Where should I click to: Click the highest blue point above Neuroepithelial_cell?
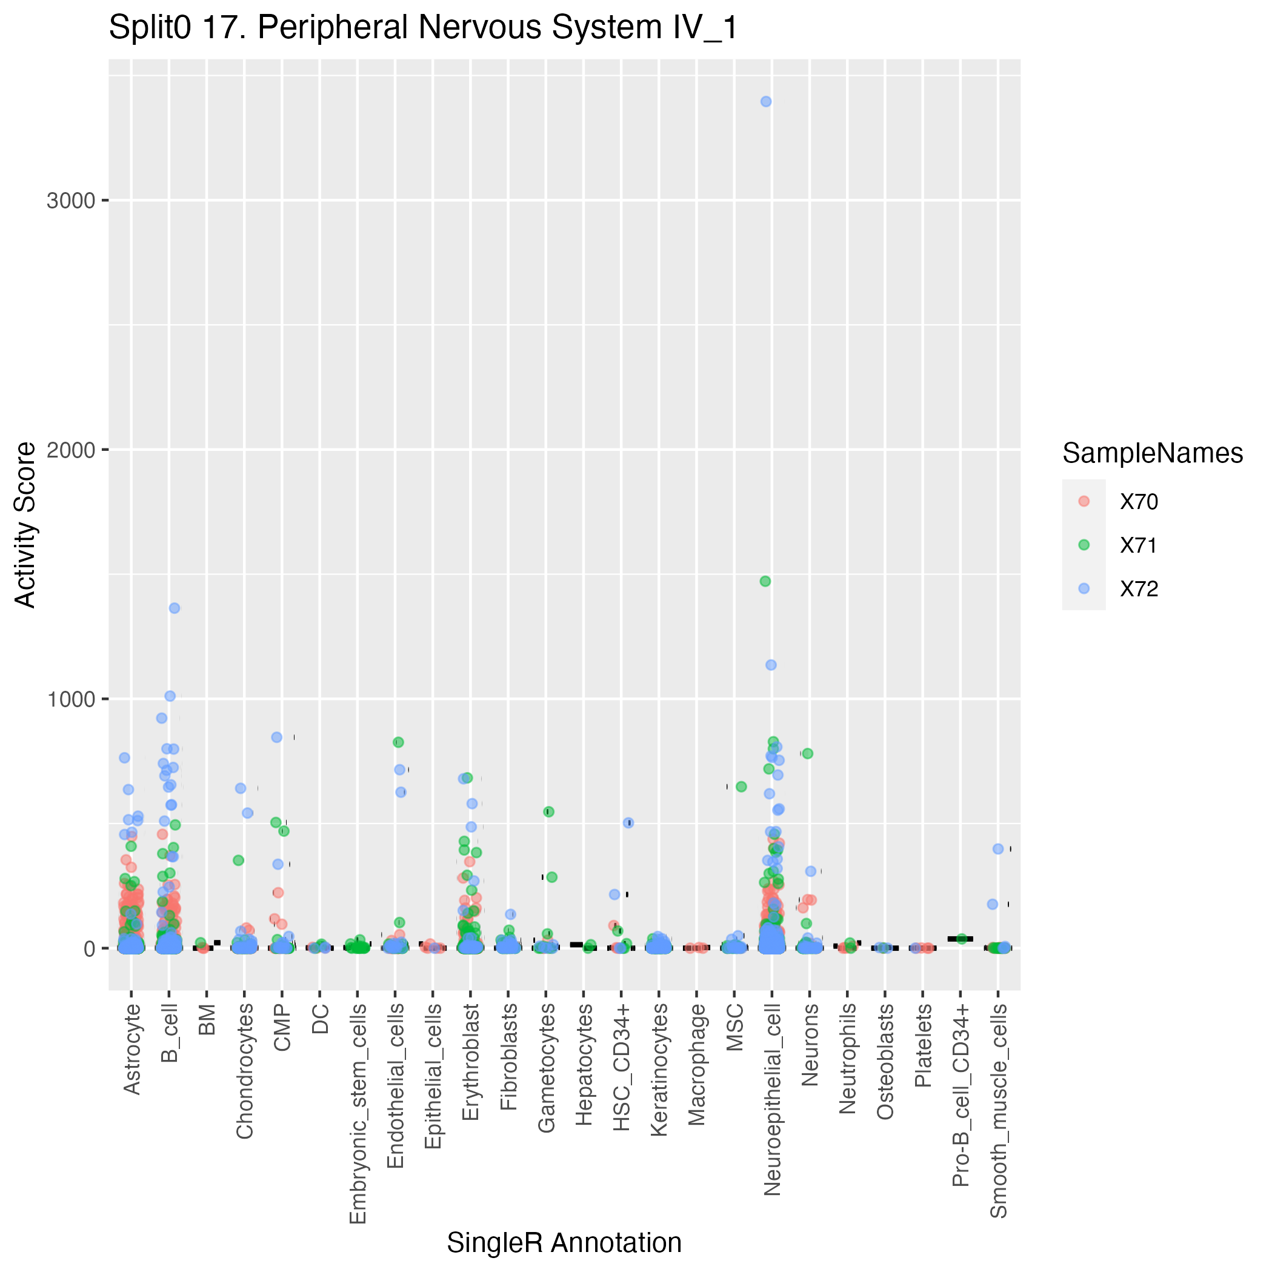(x=766, y=101)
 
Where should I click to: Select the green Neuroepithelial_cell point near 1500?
(x=765, y=581)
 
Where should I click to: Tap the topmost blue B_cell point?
(x=175, y=608)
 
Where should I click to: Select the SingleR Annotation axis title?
(x=564, y=1242)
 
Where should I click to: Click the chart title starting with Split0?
(x=424, y=28)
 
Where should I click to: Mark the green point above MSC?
(x=741, y=787)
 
